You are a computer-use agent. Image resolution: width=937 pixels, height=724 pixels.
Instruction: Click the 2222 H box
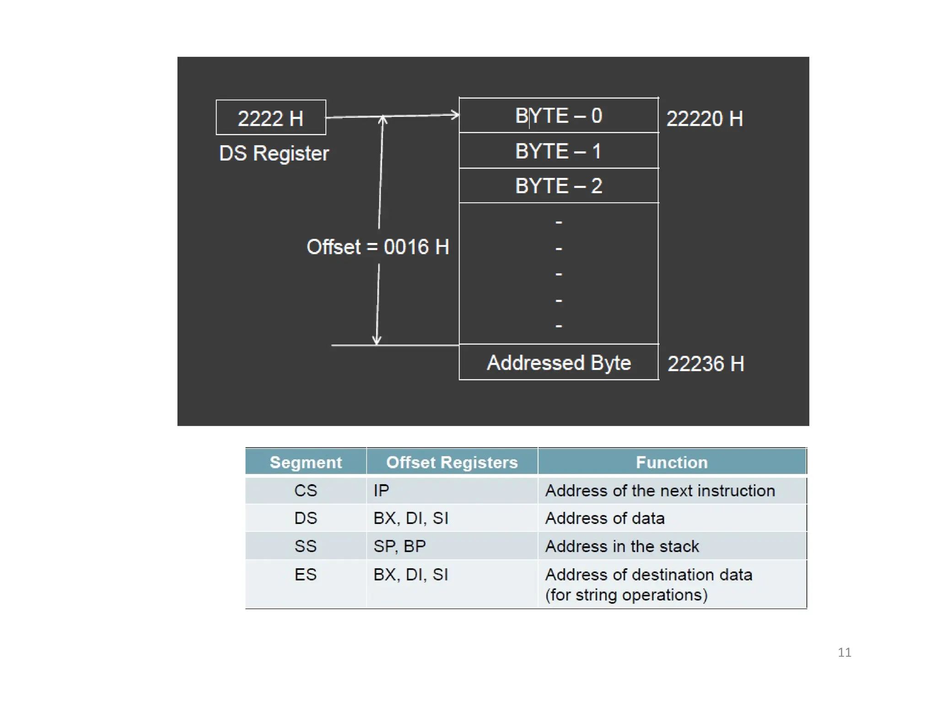[270, 118]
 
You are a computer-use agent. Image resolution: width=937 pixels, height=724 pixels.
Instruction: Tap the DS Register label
[274, 153]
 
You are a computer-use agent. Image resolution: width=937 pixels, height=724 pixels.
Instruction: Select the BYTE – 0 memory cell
[558, 115]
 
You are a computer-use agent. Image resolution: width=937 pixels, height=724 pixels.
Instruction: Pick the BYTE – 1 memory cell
[558, 151]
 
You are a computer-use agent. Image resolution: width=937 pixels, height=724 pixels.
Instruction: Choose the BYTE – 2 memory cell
[558, 186]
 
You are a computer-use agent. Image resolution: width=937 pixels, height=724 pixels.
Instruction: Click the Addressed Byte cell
[558, 362]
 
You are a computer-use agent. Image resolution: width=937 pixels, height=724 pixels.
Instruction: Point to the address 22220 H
[704, 119]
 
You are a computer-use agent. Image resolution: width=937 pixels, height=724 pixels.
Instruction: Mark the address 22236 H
[705, 364]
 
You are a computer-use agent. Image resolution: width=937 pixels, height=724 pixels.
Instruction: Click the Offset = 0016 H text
[377, 247]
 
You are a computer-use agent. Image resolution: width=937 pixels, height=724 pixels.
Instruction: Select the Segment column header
[306, 462]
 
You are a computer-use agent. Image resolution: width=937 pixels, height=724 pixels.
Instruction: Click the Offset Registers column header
[452, 462]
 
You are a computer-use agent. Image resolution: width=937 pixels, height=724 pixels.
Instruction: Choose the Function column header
[671, 462]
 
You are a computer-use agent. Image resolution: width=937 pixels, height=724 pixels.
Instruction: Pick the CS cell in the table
[306, 491]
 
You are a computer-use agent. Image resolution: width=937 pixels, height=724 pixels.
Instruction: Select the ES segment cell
[306, 574]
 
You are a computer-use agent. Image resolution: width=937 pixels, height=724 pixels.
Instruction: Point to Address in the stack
[622, 546]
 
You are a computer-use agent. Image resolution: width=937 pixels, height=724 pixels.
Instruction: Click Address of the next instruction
[660, 491]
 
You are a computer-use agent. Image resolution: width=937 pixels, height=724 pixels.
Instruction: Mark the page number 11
[844, 652]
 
